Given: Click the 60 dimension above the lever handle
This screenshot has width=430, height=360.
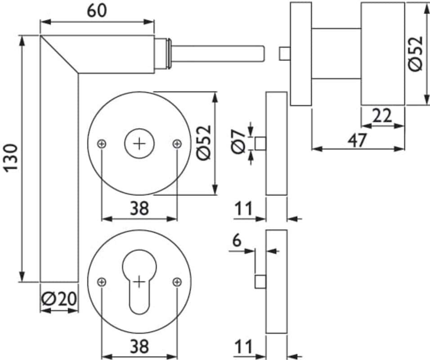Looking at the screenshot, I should [x=97, y=10].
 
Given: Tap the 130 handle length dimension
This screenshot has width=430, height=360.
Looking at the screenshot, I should [x=11, y=157].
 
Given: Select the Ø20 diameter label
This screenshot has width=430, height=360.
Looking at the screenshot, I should [x=59, y=298].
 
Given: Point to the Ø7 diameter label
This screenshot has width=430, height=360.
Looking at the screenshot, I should [x=239, y=141].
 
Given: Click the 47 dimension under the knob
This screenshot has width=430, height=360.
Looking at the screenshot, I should [x=357, y=140].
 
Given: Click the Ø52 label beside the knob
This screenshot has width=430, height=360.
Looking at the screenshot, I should [x=416, y=53].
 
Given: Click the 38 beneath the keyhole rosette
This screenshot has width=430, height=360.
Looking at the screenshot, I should [x=139, y=346].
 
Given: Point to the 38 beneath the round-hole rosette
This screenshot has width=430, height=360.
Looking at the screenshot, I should [x=139, y=208].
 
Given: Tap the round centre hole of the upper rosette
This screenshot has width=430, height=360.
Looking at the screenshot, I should [x=139, y=144].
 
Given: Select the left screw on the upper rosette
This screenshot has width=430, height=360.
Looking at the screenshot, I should [x=102, y=144].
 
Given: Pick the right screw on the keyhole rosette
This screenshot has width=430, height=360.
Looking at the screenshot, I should [x=177, y=282].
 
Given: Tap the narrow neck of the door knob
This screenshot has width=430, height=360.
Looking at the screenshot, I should [x=336, y=54].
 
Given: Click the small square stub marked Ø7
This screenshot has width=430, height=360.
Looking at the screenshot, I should [x=260, y=144].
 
